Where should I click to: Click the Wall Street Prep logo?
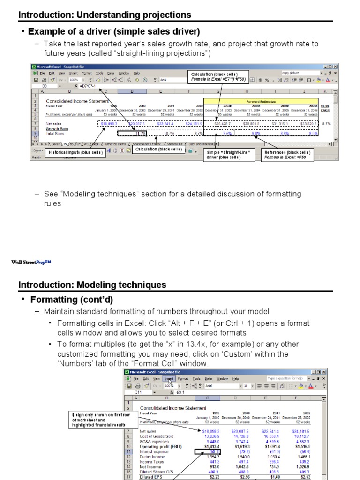31,262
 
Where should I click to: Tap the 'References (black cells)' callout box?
287,155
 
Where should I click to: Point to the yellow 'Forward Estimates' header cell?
261,101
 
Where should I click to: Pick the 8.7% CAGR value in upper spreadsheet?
327,124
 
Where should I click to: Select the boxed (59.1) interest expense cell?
202,452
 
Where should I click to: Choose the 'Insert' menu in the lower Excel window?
169,379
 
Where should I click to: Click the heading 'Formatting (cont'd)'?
72,300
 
